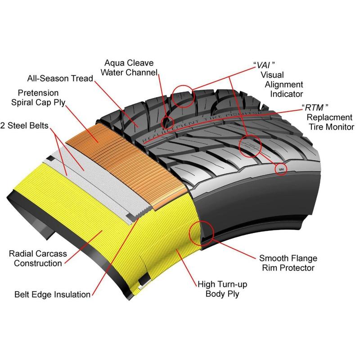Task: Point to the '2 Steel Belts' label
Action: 25,125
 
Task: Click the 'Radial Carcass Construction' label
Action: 38,258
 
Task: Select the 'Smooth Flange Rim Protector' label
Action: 288,263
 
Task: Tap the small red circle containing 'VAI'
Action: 281,169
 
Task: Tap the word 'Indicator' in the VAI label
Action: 286,94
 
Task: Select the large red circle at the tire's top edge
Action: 184,95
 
